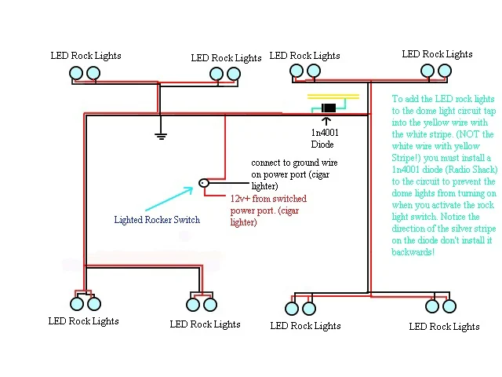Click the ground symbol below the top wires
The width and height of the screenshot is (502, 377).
coord(160,135)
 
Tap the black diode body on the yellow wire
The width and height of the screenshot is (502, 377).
coord(329,108)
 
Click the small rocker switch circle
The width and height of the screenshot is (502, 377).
coord(204,182)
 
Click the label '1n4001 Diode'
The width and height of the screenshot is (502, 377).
coord(326,139)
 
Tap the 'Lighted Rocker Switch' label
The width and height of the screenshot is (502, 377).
coord(157,220)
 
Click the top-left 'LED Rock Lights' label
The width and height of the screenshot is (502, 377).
coord(86,56)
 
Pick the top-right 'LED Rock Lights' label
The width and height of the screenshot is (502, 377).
coord(437,54)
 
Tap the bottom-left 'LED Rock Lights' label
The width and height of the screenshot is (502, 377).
coord(84,320)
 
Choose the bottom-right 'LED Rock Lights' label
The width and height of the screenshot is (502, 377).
coord(444,326)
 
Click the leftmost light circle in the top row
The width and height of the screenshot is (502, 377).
coord(76,73)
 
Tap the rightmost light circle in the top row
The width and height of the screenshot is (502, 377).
coord(444,71)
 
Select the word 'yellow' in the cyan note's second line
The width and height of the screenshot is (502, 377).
coord(444,123)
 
